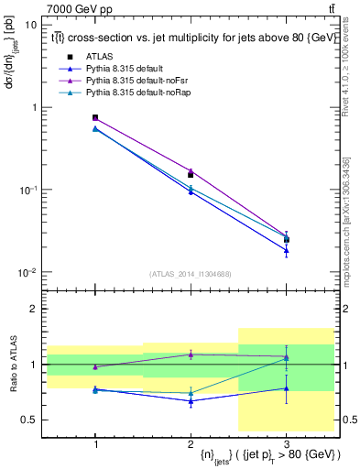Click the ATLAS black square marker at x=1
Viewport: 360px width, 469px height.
click(x=95, y=117)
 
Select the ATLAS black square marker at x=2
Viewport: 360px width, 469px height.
click(x=191, y=174)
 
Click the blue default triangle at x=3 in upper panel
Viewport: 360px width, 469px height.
click(x=286, y=250)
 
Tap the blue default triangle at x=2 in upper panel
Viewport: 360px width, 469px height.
click(x=191, y=191)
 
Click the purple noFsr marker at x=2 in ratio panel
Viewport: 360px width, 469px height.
click(x=191, y=354)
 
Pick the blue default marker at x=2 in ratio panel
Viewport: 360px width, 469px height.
click(x=191, y=401)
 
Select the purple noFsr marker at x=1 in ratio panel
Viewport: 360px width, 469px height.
click(x=95, y=366)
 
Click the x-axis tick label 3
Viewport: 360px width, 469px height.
click(x=286, y=442)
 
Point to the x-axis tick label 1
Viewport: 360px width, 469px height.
click(x=95, y=442)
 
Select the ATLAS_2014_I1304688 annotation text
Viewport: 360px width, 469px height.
click(x=190, y=274)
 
